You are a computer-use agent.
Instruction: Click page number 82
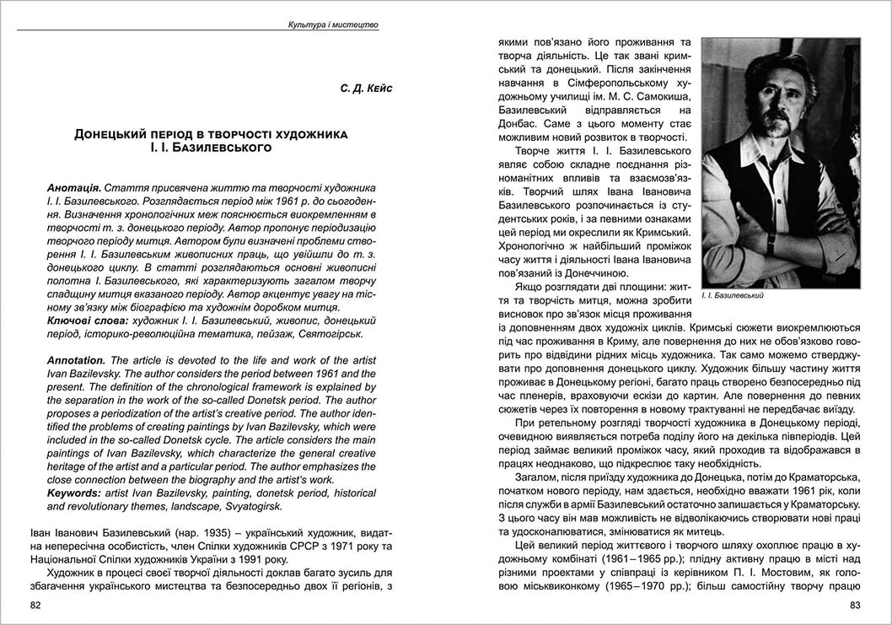(35, 605)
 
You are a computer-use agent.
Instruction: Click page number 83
(855, 605)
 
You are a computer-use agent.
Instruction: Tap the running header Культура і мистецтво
(333, 25)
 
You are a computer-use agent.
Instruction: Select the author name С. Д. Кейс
(367, 89)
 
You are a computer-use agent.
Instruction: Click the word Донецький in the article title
(112, 134)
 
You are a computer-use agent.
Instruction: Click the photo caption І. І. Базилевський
(732, 297)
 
